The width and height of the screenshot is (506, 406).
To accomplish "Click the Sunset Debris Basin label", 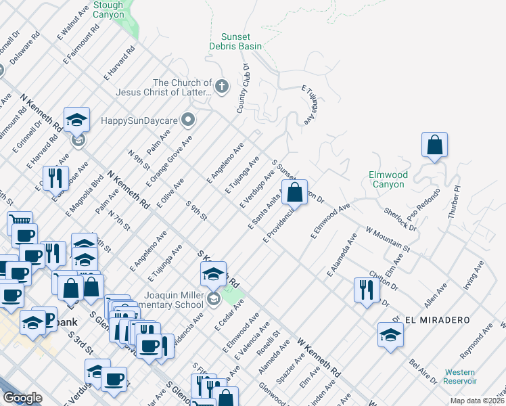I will click(x=235, y=41).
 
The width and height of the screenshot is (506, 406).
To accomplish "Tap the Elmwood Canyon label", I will click(x=388, y=179).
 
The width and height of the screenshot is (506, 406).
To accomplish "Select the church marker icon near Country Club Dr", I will click(x=221, y=87).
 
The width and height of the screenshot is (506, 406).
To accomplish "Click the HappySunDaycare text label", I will click(x=139, y=120).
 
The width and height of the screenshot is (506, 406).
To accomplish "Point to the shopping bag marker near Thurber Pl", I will click(x=434, y=145).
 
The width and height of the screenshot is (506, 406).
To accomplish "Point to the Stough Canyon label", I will click(x=108, y=9).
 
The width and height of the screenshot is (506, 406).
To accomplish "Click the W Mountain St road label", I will click(x=388, y=240).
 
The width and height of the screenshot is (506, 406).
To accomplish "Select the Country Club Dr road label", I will click(x=244, y=89).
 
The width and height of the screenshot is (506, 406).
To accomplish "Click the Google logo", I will click(x=22, y=397).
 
